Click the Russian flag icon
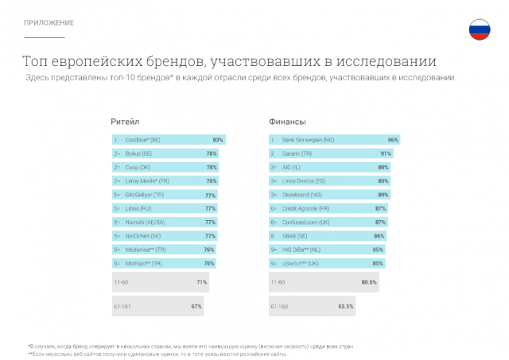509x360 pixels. point(479,30)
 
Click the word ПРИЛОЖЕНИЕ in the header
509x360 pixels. point(49,22)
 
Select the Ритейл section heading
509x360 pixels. point(125,122)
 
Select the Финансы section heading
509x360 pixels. point(288,122)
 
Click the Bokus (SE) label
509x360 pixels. point(138,153)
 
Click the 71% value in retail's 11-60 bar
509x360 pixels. point(201,282)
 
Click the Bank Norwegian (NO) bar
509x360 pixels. point(334,140)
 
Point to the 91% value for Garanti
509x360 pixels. point(386,153)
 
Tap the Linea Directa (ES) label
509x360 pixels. point(311,180)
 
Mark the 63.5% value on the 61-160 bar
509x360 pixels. point(345,306)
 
